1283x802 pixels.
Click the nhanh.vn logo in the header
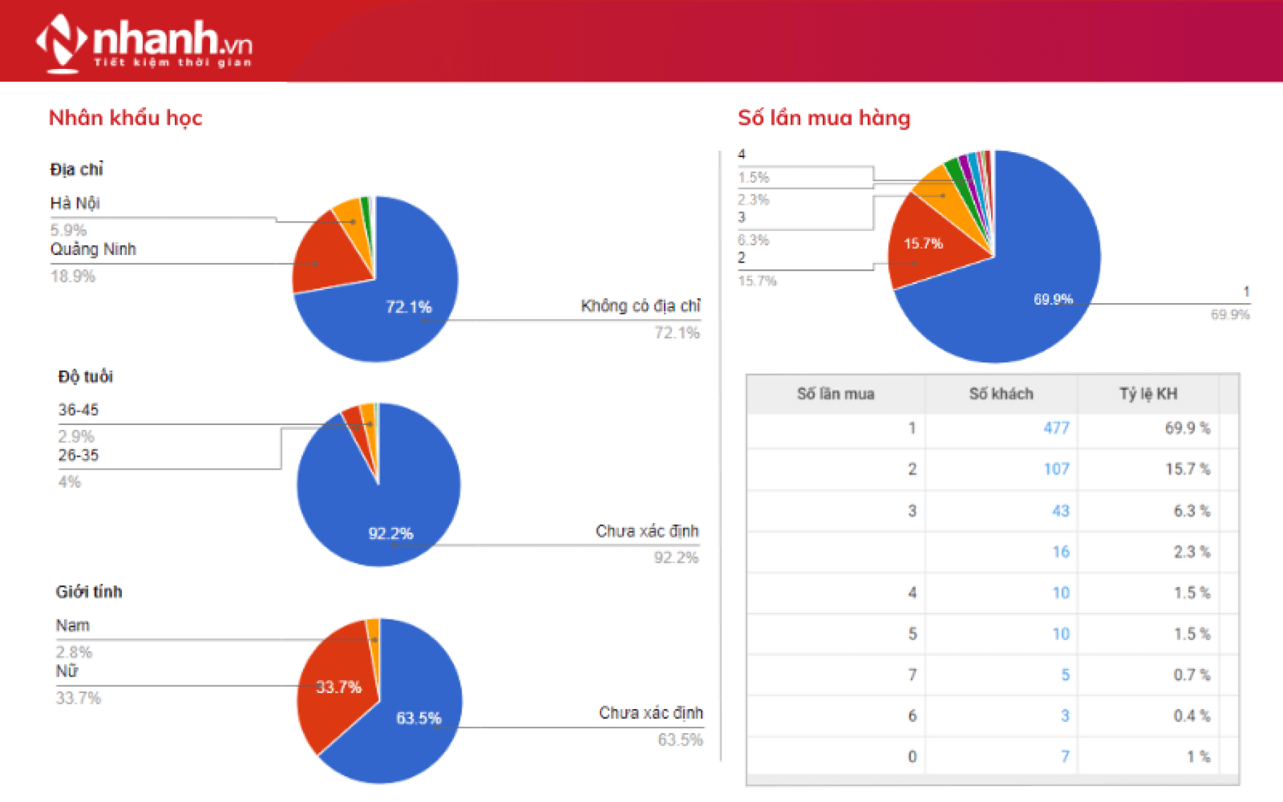pyautogui.click(x=145, y=43)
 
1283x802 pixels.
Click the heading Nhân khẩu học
pyautogui.click(x=125, y=118)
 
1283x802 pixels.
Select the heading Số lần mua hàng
pyautogui.click(x=824, y=118)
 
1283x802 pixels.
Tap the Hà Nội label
pyautogui.click(x=75, y=203)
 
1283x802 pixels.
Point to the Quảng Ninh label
pyautogui.click(x=93, y=249)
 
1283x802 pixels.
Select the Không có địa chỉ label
pyautogui.click(x=640, y=306)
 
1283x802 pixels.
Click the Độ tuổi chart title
pyautogui.click(x=85, y=377)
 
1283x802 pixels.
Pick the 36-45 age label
pyautogui.click(x=79, y=410)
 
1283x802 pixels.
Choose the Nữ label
pyautogui.click(x=67, y=671)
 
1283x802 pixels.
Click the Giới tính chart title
pyautogui.click(x=89, y=592)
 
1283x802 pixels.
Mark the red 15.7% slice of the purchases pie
pyautogui.click(x=923, y=245)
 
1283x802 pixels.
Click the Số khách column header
pyautogui.click(x=1001, y=394)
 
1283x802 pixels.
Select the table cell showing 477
pyautogui.click(x=1056, y=428)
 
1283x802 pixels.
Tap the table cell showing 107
pyautogui.click(x=1056, y=469)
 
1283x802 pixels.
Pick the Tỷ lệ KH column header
pyautogui.click(x=1148, y=394)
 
